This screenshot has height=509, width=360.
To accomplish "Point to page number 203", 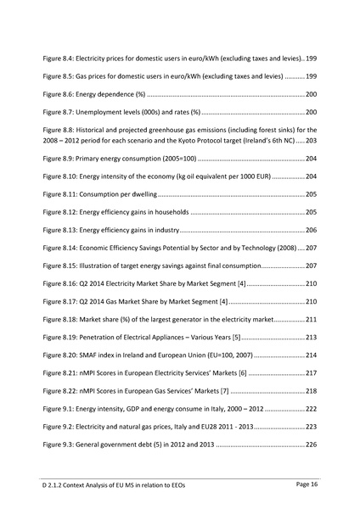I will click(x=311, y=139).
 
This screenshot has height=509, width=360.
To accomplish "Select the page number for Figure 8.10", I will click(x=311, y=176).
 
